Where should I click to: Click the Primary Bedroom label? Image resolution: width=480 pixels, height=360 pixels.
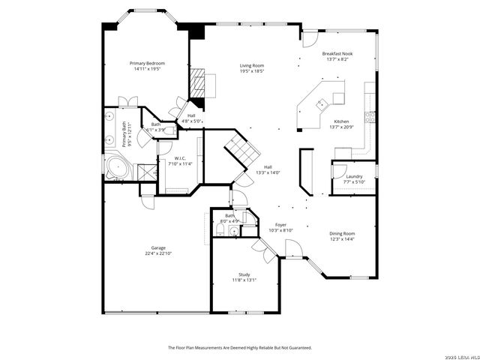coord(147,63)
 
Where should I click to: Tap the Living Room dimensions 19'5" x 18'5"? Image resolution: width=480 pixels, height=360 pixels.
coord(252,70)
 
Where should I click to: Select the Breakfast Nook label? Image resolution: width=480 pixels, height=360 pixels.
coord(337,54)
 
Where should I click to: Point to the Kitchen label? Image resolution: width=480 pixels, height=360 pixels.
coord(341,121)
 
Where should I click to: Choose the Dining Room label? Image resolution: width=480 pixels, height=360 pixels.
coord(342,233)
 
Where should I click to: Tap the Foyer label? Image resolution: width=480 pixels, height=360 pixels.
coord(280,225)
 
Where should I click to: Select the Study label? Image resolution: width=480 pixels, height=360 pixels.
coord(244,274)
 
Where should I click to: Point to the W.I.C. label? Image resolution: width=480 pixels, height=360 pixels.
coord(180,158)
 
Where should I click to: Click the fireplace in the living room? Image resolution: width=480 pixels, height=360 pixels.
coord(197,82)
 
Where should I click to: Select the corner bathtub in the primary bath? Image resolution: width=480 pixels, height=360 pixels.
coord(115,168)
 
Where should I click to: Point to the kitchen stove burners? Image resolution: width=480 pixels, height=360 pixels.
coord(369,115)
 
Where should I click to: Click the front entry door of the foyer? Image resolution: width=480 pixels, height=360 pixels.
coord(289,247)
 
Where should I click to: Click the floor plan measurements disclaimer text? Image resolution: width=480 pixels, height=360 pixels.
coord(239,347)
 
